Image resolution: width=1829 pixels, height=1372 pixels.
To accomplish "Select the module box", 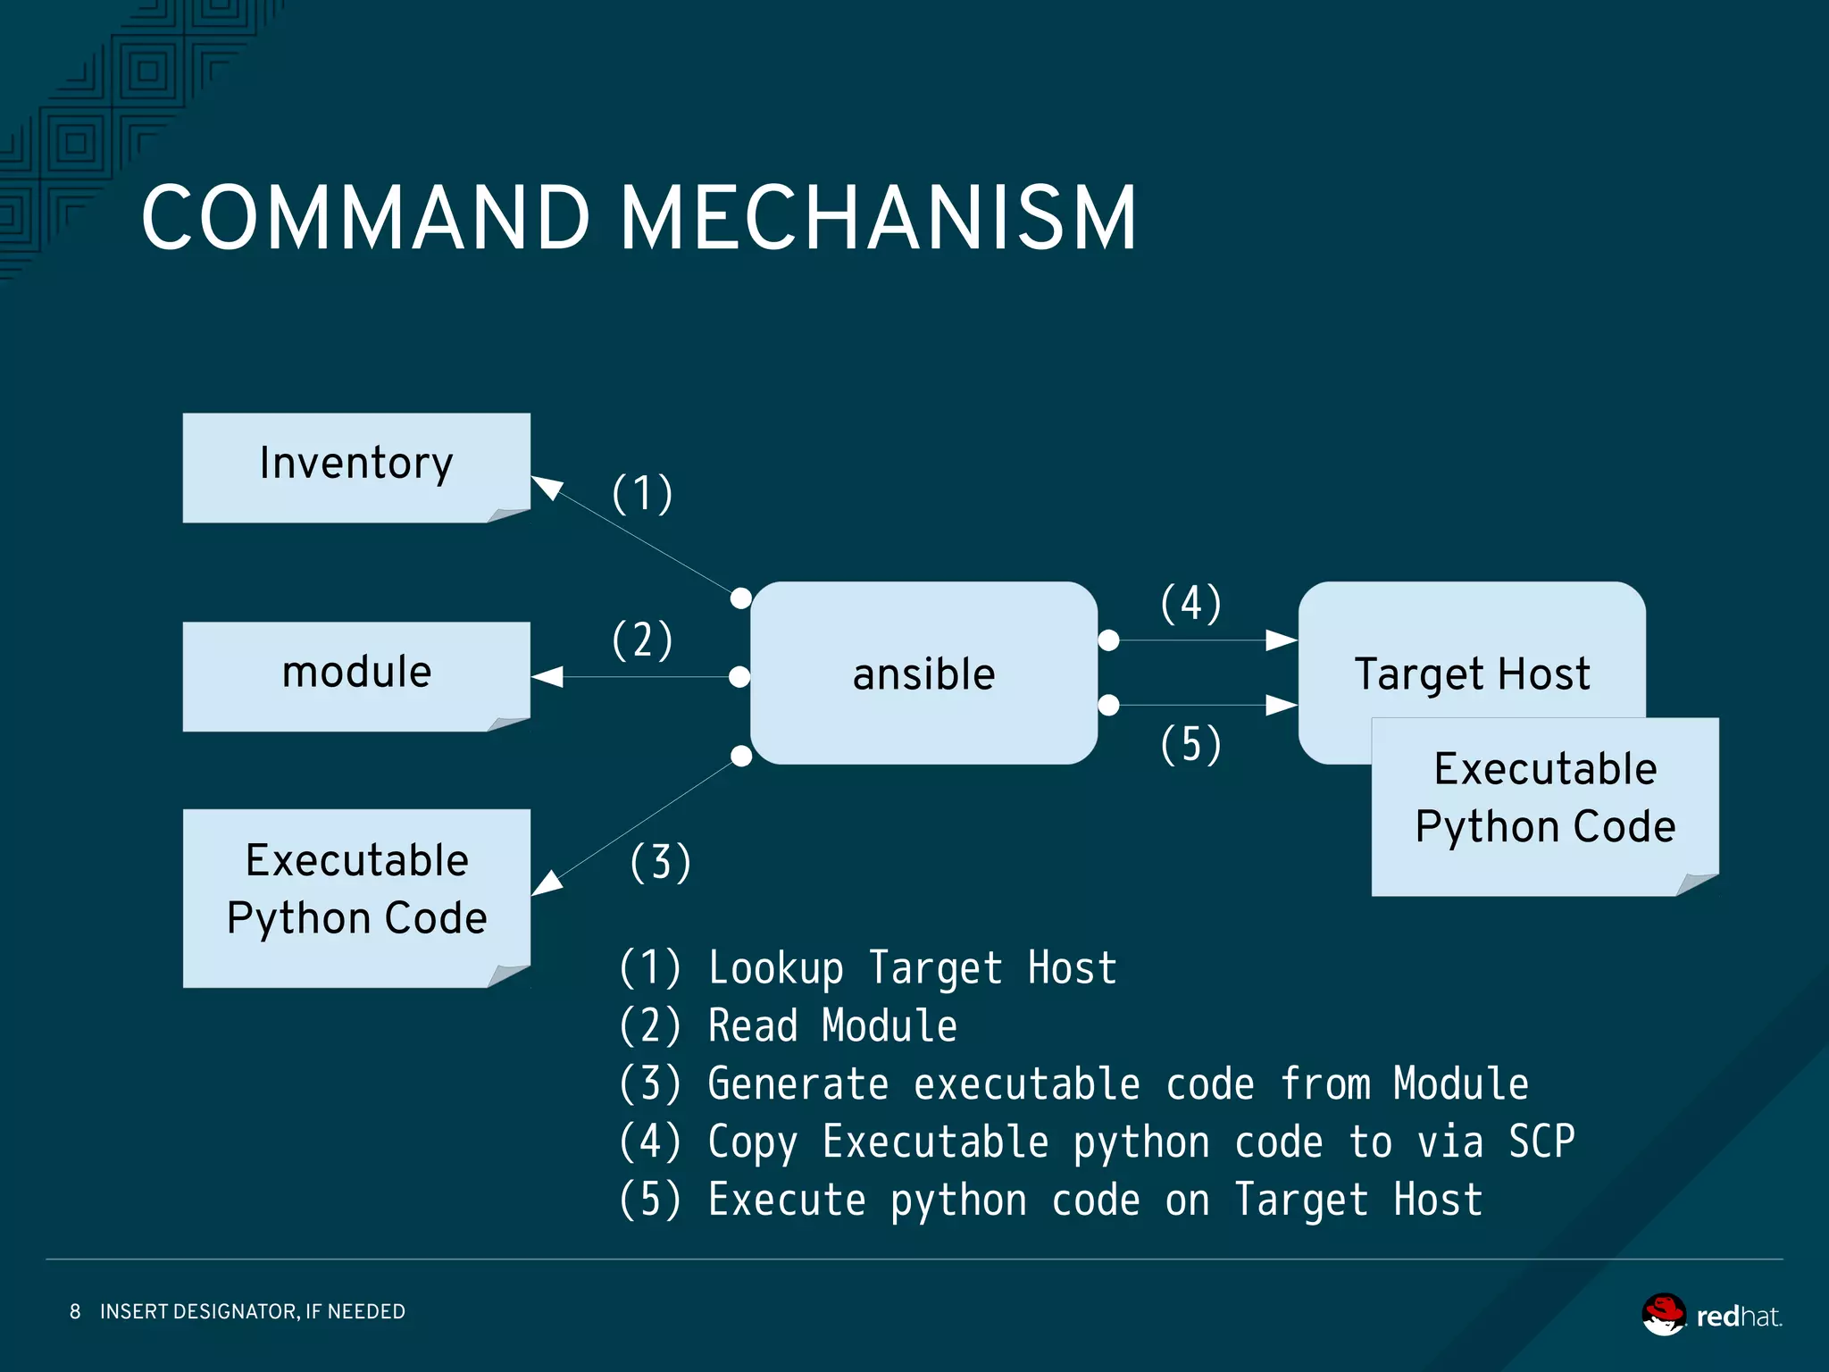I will click(x=355, y=675).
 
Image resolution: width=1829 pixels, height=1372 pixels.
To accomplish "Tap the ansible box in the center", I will click(x=923, y=673).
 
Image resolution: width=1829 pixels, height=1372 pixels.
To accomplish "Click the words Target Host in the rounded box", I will click(x=1471, y=673).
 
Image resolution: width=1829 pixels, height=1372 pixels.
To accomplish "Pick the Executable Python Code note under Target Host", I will click(x=1544, y=804).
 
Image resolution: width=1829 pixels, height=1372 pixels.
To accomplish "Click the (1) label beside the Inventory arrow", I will click(x=642, y=494).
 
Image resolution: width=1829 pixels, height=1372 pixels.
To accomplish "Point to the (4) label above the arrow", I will click(x=1190, y=604).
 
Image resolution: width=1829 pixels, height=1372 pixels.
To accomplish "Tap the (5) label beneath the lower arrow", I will click(x=1190, y=744).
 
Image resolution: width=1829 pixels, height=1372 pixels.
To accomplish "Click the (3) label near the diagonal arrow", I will click(x=660, y=863).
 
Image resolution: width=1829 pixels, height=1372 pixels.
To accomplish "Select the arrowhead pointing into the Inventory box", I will click(x=547, y=487).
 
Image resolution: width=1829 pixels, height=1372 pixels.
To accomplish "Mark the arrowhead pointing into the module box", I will click(x=547, y=677).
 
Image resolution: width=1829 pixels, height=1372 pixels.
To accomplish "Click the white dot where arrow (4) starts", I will click(x=1108, y=640).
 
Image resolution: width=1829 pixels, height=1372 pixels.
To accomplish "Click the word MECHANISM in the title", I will click(x=878, y=217).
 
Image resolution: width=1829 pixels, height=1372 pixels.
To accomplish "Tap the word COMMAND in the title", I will click(x=366, y=217).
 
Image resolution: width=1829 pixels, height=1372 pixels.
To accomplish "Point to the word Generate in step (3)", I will click(x=798, y=1084).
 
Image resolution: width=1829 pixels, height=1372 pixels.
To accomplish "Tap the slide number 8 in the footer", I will click(x=75, y=1311).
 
